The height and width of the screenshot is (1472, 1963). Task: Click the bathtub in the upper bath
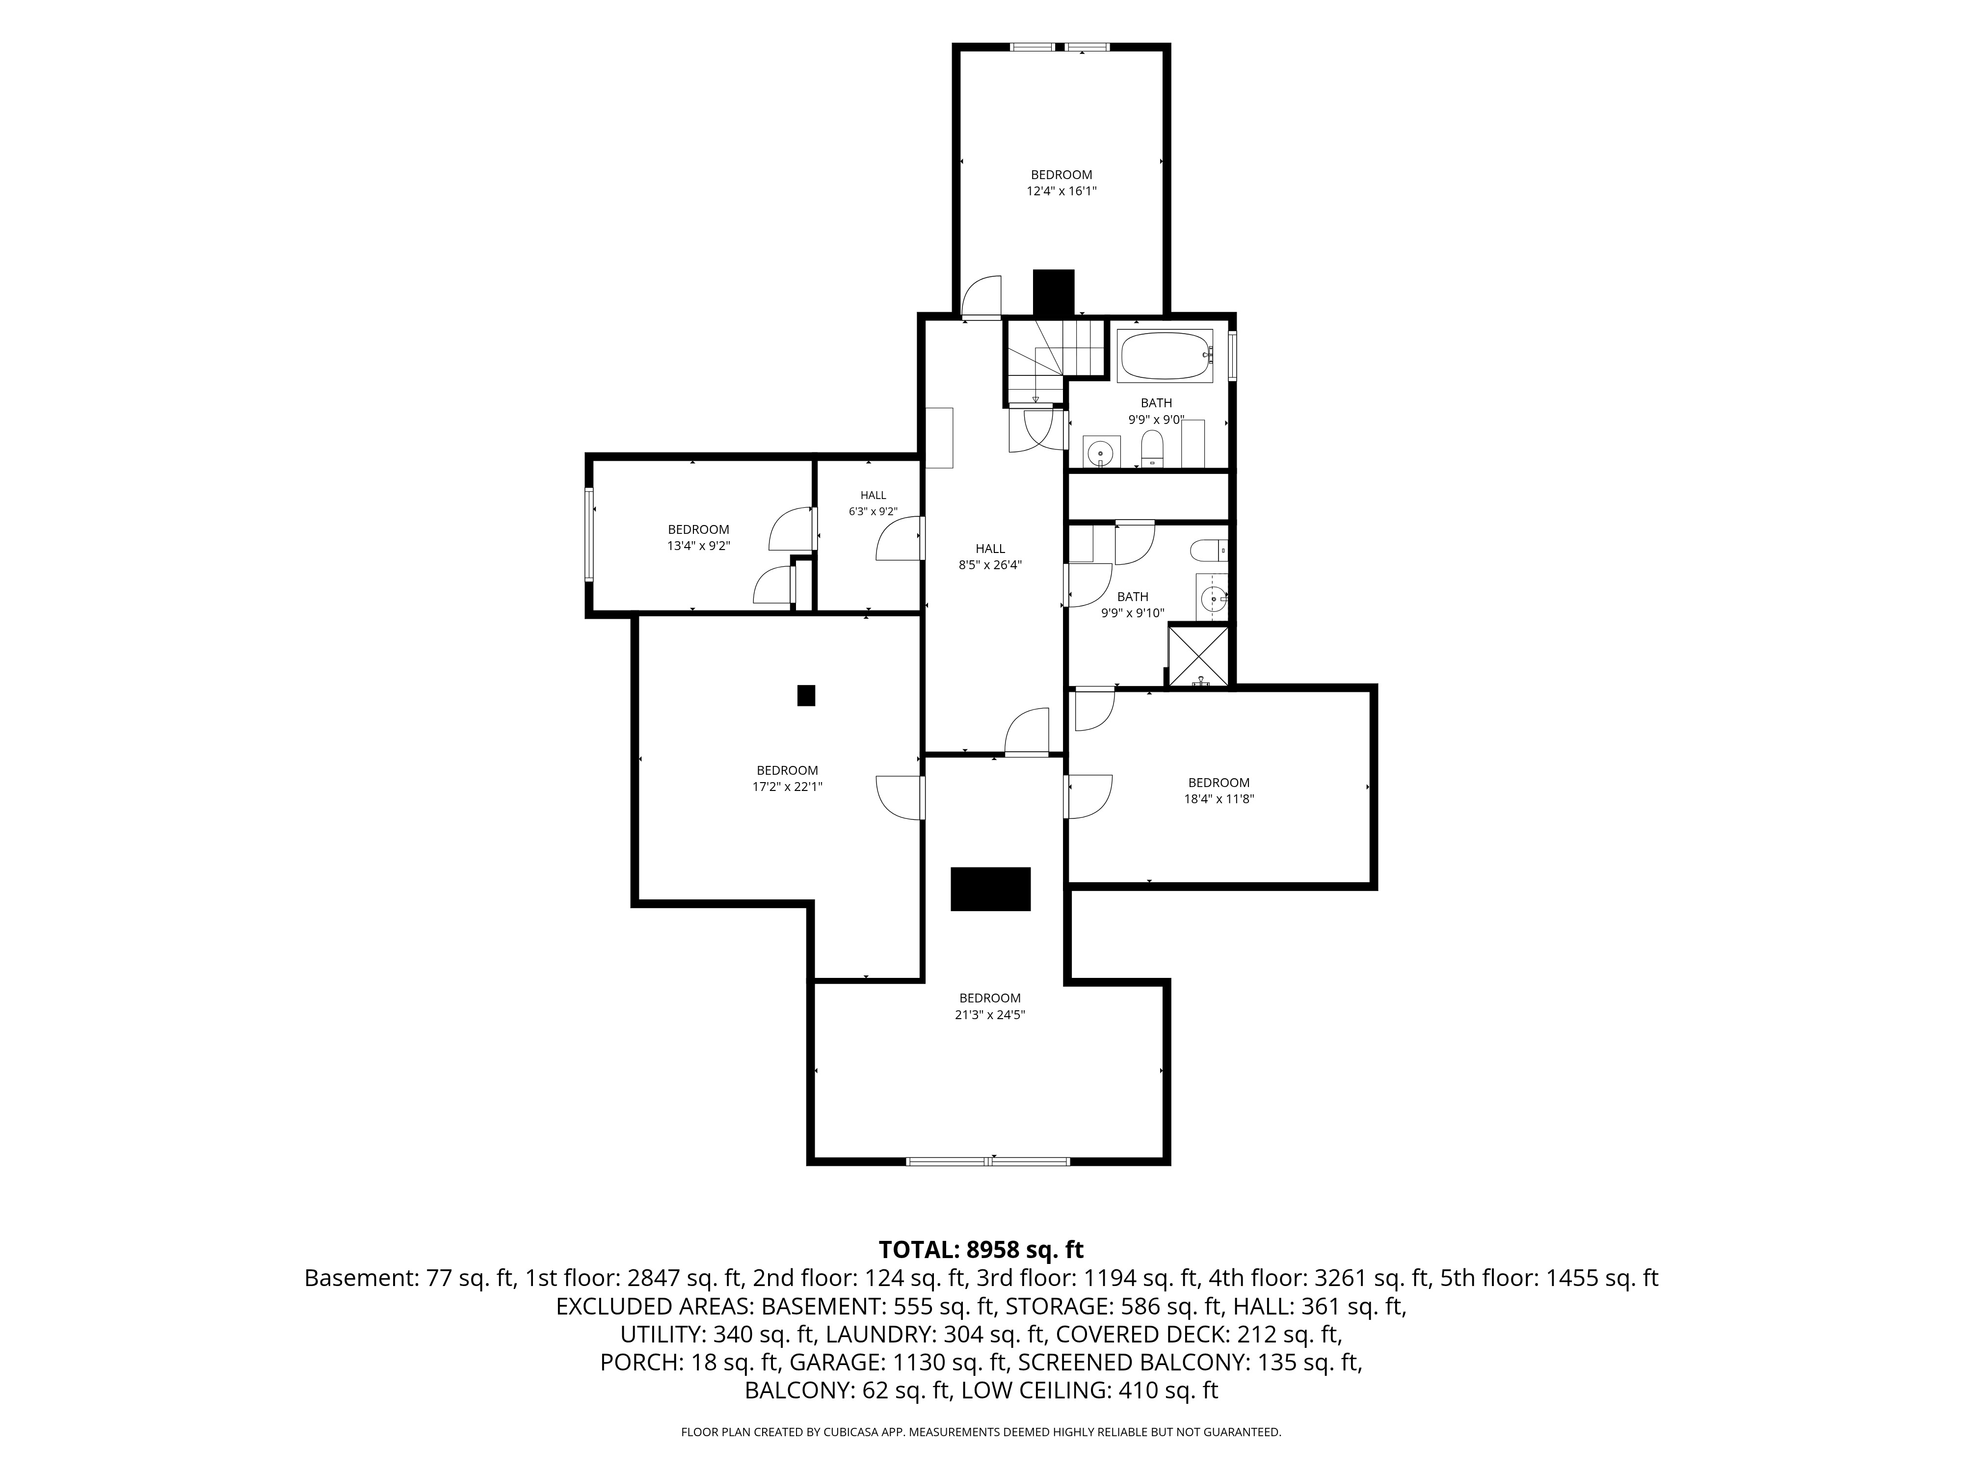pos(1165,356)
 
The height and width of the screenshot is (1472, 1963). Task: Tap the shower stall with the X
pos(1199,657)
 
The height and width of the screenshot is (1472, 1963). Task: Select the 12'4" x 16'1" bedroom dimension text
pos(1061,191)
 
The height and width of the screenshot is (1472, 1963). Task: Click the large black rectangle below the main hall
pos(990,889)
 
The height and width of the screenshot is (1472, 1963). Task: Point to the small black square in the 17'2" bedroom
pos(806,696)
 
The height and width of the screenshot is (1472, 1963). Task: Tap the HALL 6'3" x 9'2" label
pos(873,503)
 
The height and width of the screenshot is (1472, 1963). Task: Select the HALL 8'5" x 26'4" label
pos(990,556)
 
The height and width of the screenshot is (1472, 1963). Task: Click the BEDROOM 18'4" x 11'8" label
pos(1220,790)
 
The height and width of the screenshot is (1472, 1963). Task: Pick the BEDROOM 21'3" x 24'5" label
pos(990,1006)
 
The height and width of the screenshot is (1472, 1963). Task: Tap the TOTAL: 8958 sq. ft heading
pos(981,1250)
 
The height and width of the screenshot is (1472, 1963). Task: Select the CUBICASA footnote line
pos(981,1432)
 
